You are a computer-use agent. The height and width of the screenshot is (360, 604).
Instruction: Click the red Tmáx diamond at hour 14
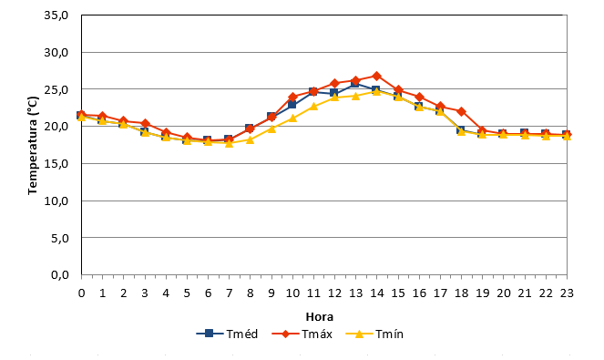tap(377, 76)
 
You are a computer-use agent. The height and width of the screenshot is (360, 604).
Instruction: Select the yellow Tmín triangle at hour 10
tap(292, 118)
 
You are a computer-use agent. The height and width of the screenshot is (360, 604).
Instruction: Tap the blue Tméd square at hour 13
tap(355, 83)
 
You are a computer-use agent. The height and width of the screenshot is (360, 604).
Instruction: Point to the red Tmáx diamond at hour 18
tap(461, 112)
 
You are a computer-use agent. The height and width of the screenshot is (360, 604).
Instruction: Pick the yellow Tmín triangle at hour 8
tap(250, 139)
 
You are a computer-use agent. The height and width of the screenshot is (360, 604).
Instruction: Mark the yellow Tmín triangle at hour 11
tap(313, 106)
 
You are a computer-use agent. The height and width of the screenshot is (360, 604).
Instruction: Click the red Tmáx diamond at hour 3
tap(145, 124)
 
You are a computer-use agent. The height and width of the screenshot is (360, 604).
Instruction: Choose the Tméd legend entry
tap(227, 334)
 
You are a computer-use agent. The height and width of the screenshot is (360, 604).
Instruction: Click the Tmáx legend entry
tap(302, 334)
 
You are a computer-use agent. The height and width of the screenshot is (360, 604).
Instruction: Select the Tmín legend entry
tap(374, 334)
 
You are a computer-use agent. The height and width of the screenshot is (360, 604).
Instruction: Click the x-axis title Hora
tap(320, 317)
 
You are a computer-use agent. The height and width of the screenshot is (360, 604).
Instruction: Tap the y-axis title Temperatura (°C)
tap(33, 145)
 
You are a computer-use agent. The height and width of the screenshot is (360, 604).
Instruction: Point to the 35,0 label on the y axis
tap(56, 15)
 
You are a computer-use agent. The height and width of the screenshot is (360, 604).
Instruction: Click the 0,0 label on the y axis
tap(60, 275)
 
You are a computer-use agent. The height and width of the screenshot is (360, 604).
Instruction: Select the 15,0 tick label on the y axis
tap(56, 164)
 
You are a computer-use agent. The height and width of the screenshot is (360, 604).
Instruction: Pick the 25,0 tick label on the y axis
tap(56, 90)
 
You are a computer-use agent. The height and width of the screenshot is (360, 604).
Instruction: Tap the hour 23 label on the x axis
tap(567, 293)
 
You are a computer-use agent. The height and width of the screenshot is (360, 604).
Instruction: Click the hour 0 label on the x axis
tap(81, 293)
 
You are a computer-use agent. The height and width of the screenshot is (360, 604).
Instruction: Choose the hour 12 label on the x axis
tap(334, 293)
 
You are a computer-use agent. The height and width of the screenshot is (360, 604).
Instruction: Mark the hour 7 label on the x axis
tap(230, 293)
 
